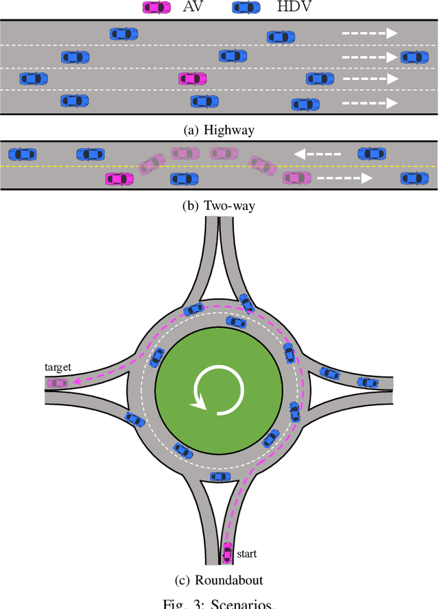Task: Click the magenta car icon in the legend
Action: pos(156,8)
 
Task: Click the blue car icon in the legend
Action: pos(246,8)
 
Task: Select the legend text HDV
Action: pos(287,8)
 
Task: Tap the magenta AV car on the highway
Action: pos(192,78)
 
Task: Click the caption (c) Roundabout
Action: pos(219,580)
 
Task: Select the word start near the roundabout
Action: pos(247,553)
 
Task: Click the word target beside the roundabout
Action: pos(58,368)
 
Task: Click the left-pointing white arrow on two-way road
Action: pos(318,154)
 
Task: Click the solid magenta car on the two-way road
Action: pos(119,178)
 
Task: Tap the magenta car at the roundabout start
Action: pos(228,552)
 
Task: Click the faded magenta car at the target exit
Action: pos(57,382)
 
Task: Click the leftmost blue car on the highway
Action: pos(34,79)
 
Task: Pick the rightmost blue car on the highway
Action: pos(414,57)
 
